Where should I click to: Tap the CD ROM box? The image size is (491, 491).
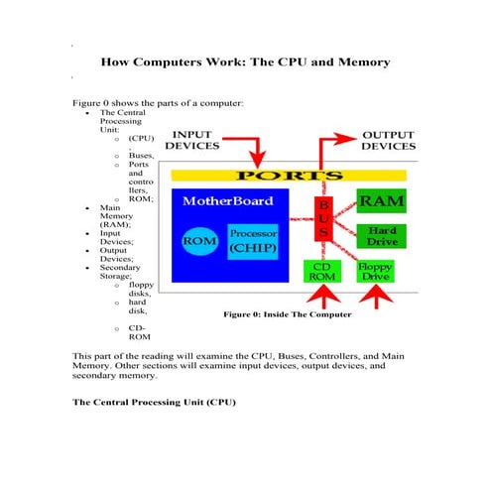coord(322,272)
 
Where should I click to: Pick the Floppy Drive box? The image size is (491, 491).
coord(375,272)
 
